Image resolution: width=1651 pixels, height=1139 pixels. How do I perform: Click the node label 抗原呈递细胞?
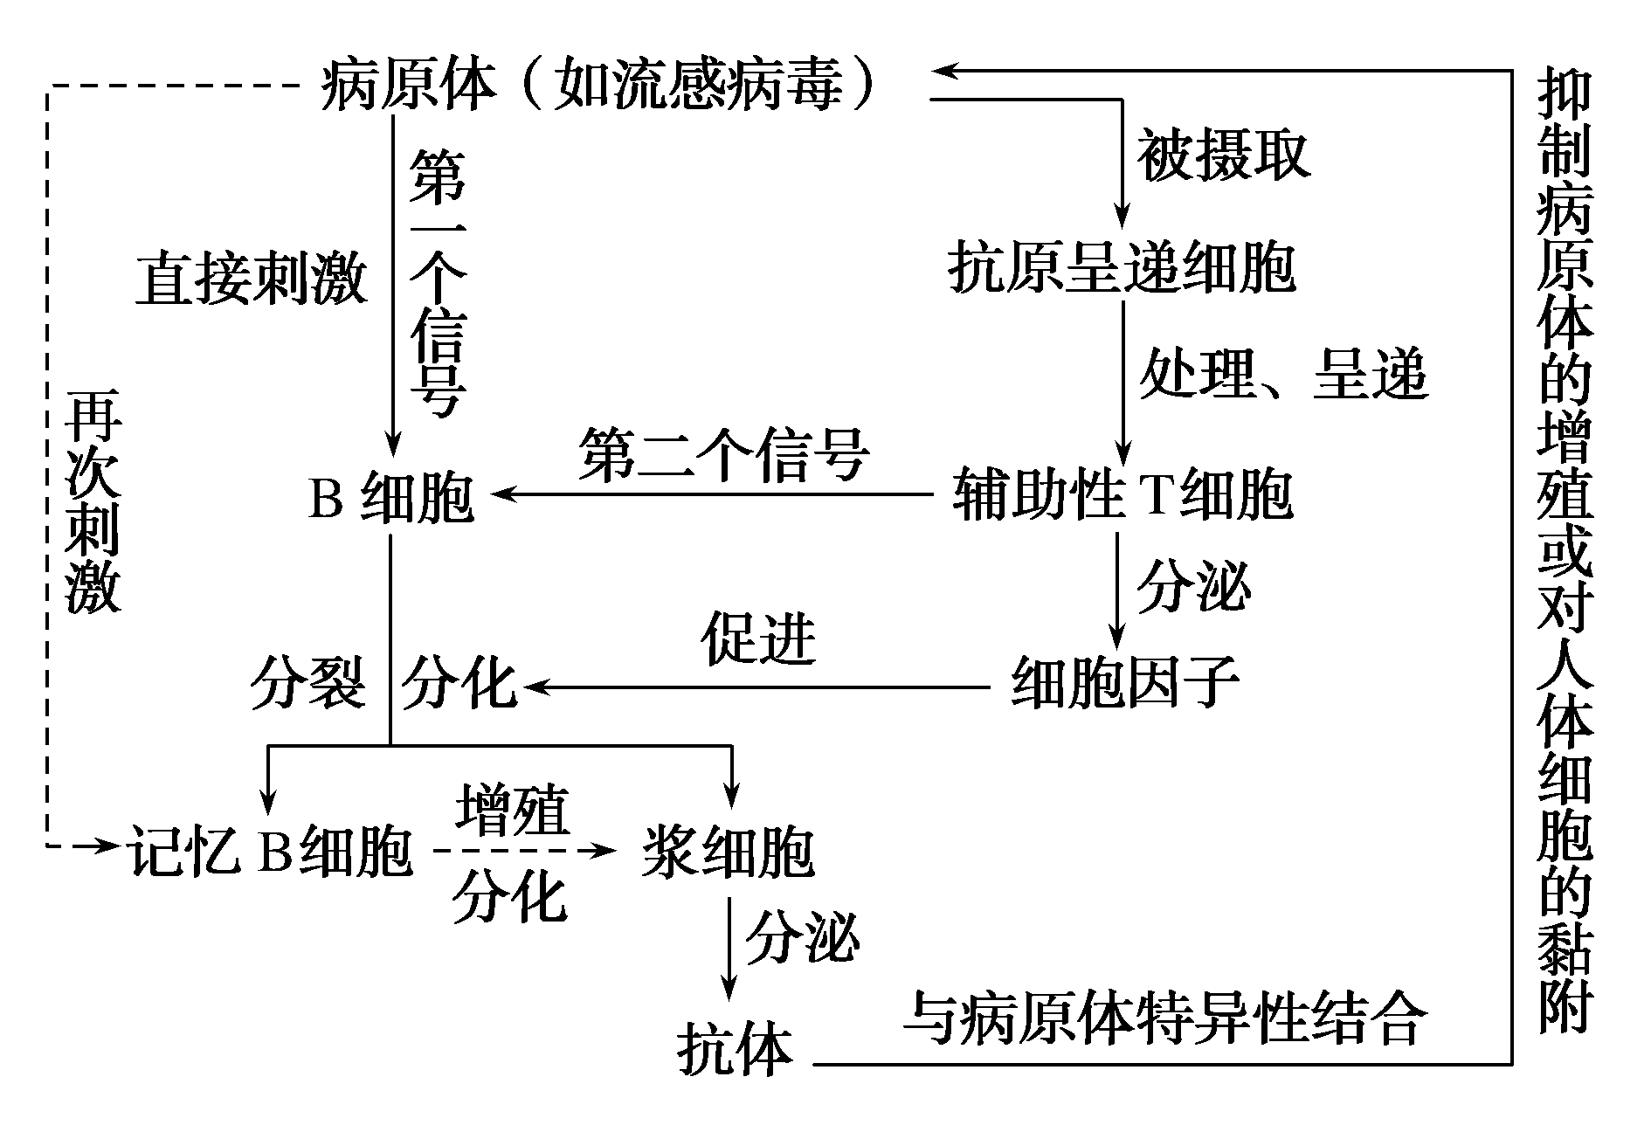coord(1122,267)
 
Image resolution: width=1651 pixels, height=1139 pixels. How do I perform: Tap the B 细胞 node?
coord(390,499)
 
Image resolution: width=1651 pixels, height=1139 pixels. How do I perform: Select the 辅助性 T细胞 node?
coord(1122,494)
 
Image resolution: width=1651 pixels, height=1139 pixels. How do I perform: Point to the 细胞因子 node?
coord(1124,682)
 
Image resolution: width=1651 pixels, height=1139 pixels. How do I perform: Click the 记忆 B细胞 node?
coord(271,850)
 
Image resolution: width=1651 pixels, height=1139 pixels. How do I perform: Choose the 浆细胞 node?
coord(728,850)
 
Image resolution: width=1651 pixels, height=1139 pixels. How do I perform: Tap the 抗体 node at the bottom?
coord(735,1049)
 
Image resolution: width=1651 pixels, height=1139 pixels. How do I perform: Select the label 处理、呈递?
coord(1282,374)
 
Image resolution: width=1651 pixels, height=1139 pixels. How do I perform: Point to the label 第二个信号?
coord(723,455)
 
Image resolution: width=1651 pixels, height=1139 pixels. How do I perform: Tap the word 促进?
coord(757,639)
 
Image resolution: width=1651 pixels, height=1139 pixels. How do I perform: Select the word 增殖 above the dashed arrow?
coord(512,811)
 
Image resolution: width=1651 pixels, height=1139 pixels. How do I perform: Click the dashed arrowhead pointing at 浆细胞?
coord(603,848)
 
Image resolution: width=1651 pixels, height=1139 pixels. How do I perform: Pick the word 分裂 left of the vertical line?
coord(307,683)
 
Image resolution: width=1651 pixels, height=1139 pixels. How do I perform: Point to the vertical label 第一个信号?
coord(438,282)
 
